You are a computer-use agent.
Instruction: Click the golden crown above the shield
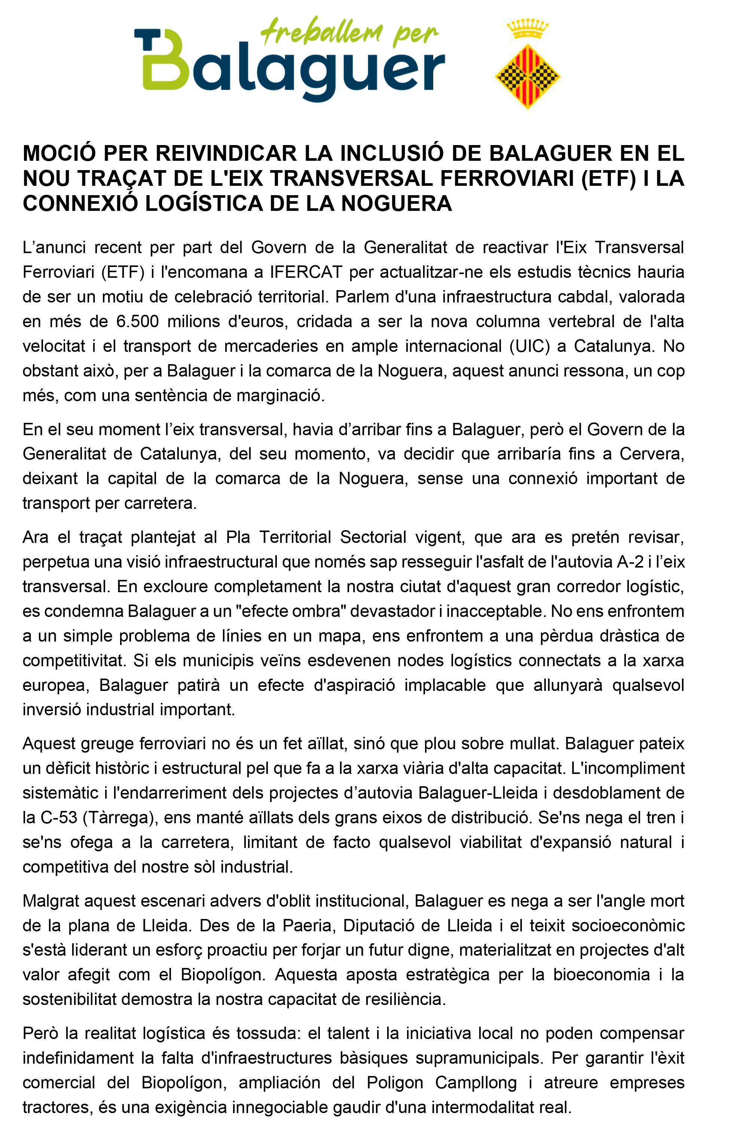coord(527,29)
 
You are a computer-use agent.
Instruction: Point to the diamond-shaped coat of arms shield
coord(527,76)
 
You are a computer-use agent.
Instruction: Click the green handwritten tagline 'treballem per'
coord(349,32)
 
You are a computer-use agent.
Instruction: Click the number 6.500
coord(137,322)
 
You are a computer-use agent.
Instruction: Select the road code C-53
coord(59,817)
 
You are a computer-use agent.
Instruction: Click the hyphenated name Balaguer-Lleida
coord(478,793)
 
